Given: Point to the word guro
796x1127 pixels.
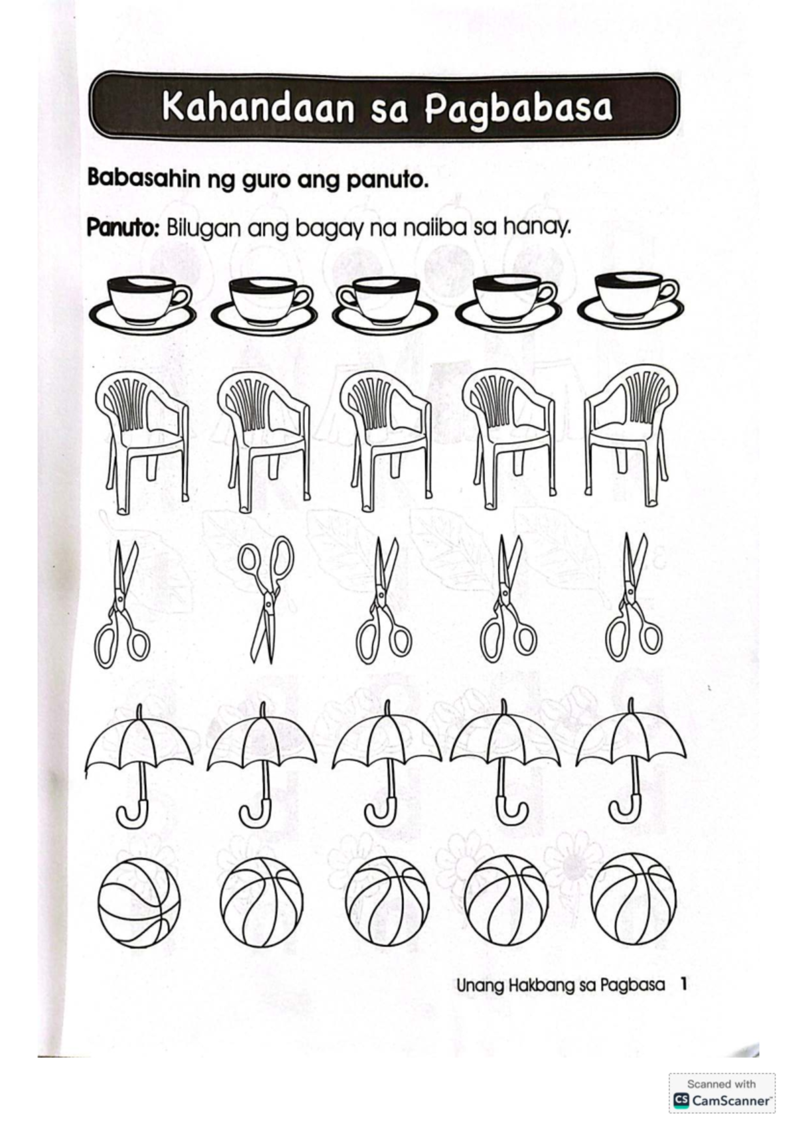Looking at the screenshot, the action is [x=265, y=181].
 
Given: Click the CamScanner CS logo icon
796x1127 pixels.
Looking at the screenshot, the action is [x=681, y=1100].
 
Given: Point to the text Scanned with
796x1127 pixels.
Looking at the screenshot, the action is [x=721, y=1083].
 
